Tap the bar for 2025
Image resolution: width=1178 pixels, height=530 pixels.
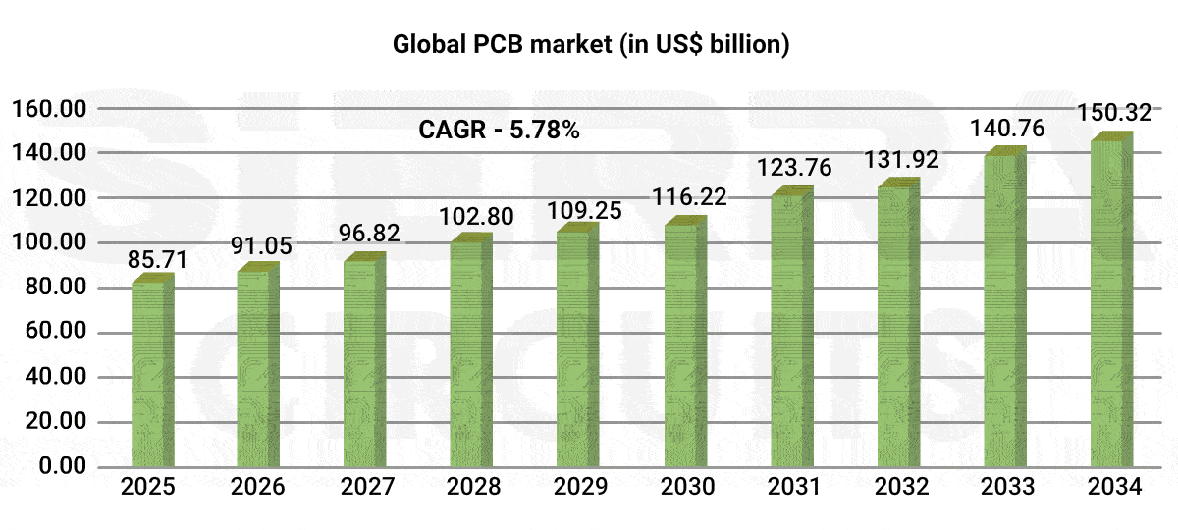[x=152, y=373]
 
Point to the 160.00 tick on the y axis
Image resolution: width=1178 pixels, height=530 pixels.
[x=48, y=108]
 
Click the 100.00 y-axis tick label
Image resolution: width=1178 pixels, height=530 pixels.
[x=48, y=242]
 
